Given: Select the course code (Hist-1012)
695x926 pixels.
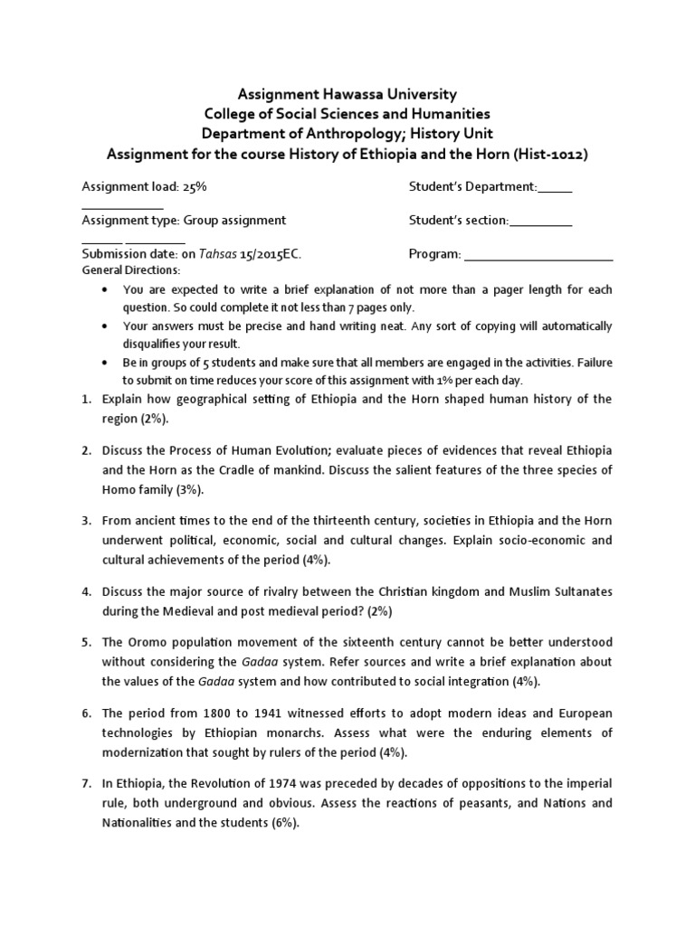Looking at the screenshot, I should click(x=550, y=155).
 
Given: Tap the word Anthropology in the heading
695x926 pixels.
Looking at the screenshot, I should click(x=348, y=134).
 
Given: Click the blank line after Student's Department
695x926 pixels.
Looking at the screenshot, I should click(x=555, y=189).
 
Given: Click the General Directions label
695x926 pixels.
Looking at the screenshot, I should click(x=131, y=270).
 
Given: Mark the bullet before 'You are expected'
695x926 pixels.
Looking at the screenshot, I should click(x=106, y=290).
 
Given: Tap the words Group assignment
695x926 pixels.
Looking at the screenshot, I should click(x=235, y=220).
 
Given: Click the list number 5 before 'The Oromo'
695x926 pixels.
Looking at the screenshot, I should click(x=85, y=642).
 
